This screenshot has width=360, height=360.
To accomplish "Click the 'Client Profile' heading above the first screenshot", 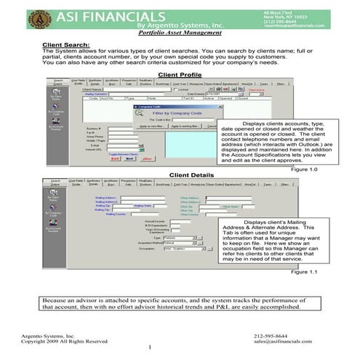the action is click(x=180, y=75).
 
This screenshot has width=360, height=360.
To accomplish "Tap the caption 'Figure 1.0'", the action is click(x=304, y=169).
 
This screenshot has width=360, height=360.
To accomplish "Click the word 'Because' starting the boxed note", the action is click(x=55, y=299).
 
